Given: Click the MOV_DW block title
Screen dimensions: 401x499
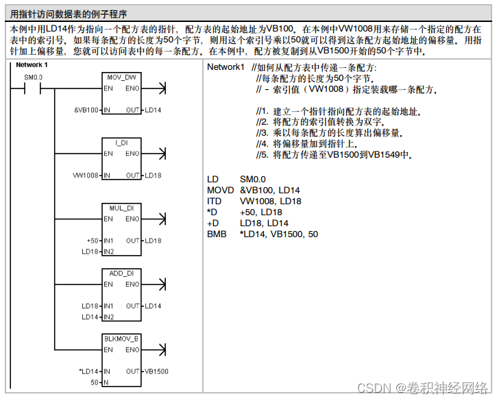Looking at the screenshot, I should click(x=121, y=77).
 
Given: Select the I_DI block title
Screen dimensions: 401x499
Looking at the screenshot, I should click(x=121, y=143).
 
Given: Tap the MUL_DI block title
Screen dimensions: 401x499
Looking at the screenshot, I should click(x=121, y=208).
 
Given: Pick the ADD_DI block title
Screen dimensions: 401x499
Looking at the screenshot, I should click(x=121, y=273).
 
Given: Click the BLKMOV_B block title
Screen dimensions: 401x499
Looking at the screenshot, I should click(x=121, y=339).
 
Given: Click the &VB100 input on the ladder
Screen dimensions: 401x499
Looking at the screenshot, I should click(x=86, y=110).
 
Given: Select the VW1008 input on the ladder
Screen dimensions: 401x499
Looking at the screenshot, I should click(x=86, y=175).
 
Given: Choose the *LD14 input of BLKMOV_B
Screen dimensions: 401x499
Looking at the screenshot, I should click(x=89, y=372).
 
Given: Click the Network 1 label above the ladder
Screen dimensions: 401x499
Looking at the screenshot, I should click(x=32, y=65).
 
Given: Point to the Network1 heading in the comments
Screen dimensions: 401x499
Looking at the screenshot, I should click(x=226, y=67).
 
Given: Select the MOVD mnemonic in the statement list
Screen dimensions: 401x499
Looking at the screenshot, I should click(x=219, y=190).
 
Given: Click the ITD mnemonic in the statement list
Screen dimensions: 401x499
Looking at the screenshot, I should click(x=214, y=201).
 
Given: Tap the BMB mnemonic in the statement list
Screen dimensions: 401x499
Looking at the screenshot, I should click(x=216, y=234).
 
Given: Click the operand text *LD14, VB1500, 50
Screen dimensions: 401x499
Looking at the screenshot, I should click(x=279, y=234).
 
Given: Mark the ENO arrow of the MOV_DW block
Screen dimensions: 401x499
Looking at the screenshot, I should click(x=160, y=88).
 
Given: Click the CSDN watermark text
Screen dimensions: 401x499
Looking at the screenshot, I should click(x=374, y=387).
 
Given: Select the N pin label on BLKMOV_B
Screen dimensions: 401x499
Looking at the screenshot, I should click(x=106, y=382).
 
